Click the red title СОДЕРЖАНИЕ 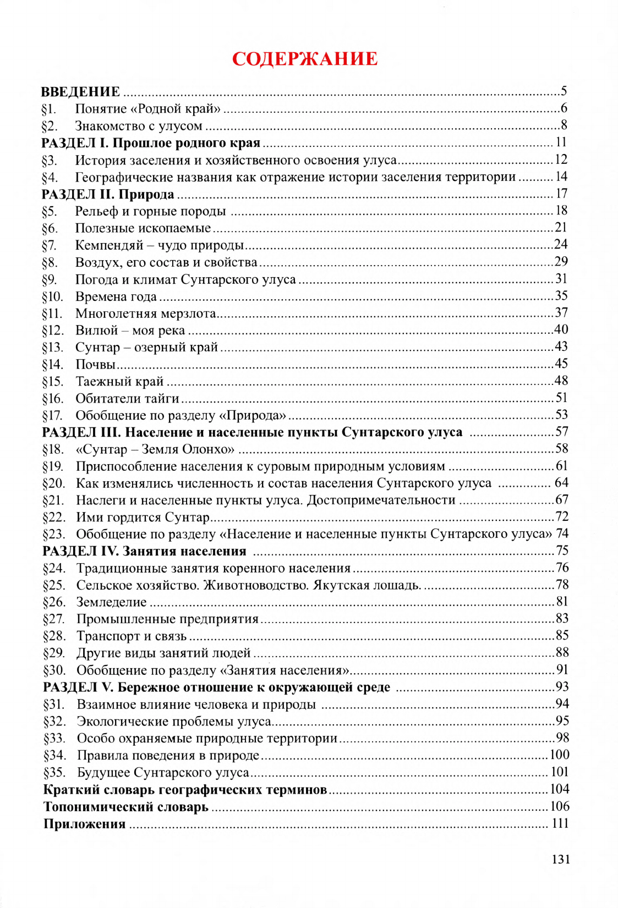pyautogui.click(x=305, y=59)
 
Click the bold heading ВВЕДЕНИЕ pyautogui.click(x=80, y=92)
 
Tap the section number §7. pyautogui.click(x=49, y=245)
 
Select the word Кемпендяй pyautogui.click(x=109, y=245)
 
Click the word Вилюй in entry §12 pyautogui.click(x=97, y=331)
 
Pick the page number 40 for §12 pyautogui.click(x=561, y=329)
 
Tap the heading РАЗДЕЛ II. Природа pyautogui.click(x=108, y=194)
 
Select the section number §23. pyautogui.click(x=53, y=535)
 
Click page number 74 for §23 pyautogui.click(x=562, y=533)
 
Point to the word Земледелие pyautogui.click(x=111, y=602)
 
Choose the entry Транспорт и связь pyautogui.click(x=132, y=636)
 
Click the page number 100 pyautogui.click(x=560, y=755)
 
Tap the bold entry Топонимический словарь pyautogui.click(x=126, y=807)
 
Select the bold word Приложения pyautogui.click(x=85, y=824)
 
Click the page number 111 pyautogui.click(x=560, y=823)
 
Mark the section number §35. pyautogui.click(x=54, y=773)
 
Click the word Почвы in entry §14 pyautogui.click(x=95, y=365)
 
